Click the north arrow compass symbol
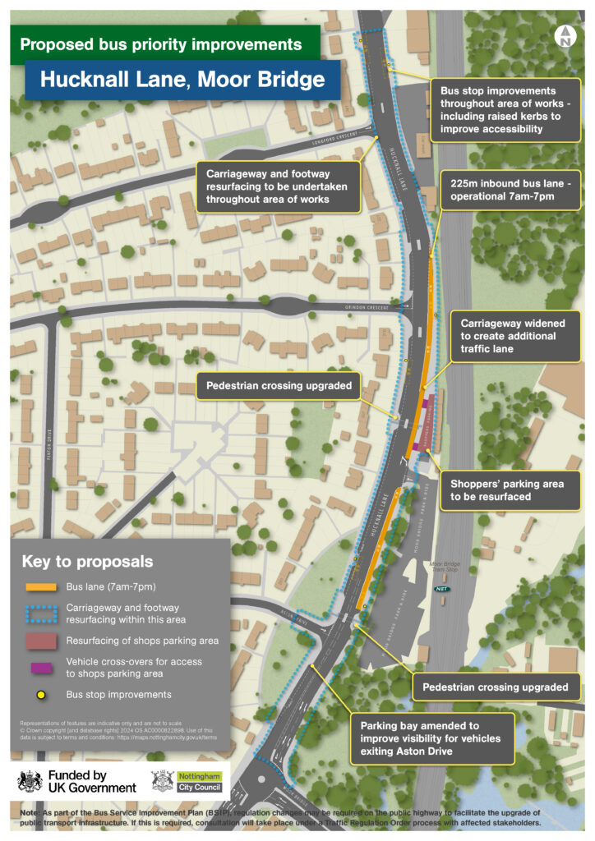pos(565,34)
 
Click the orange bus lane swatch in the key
pos(38,587)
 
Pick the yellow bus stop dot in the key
pos(38,694)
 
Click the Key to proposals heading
pos(87,562)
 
